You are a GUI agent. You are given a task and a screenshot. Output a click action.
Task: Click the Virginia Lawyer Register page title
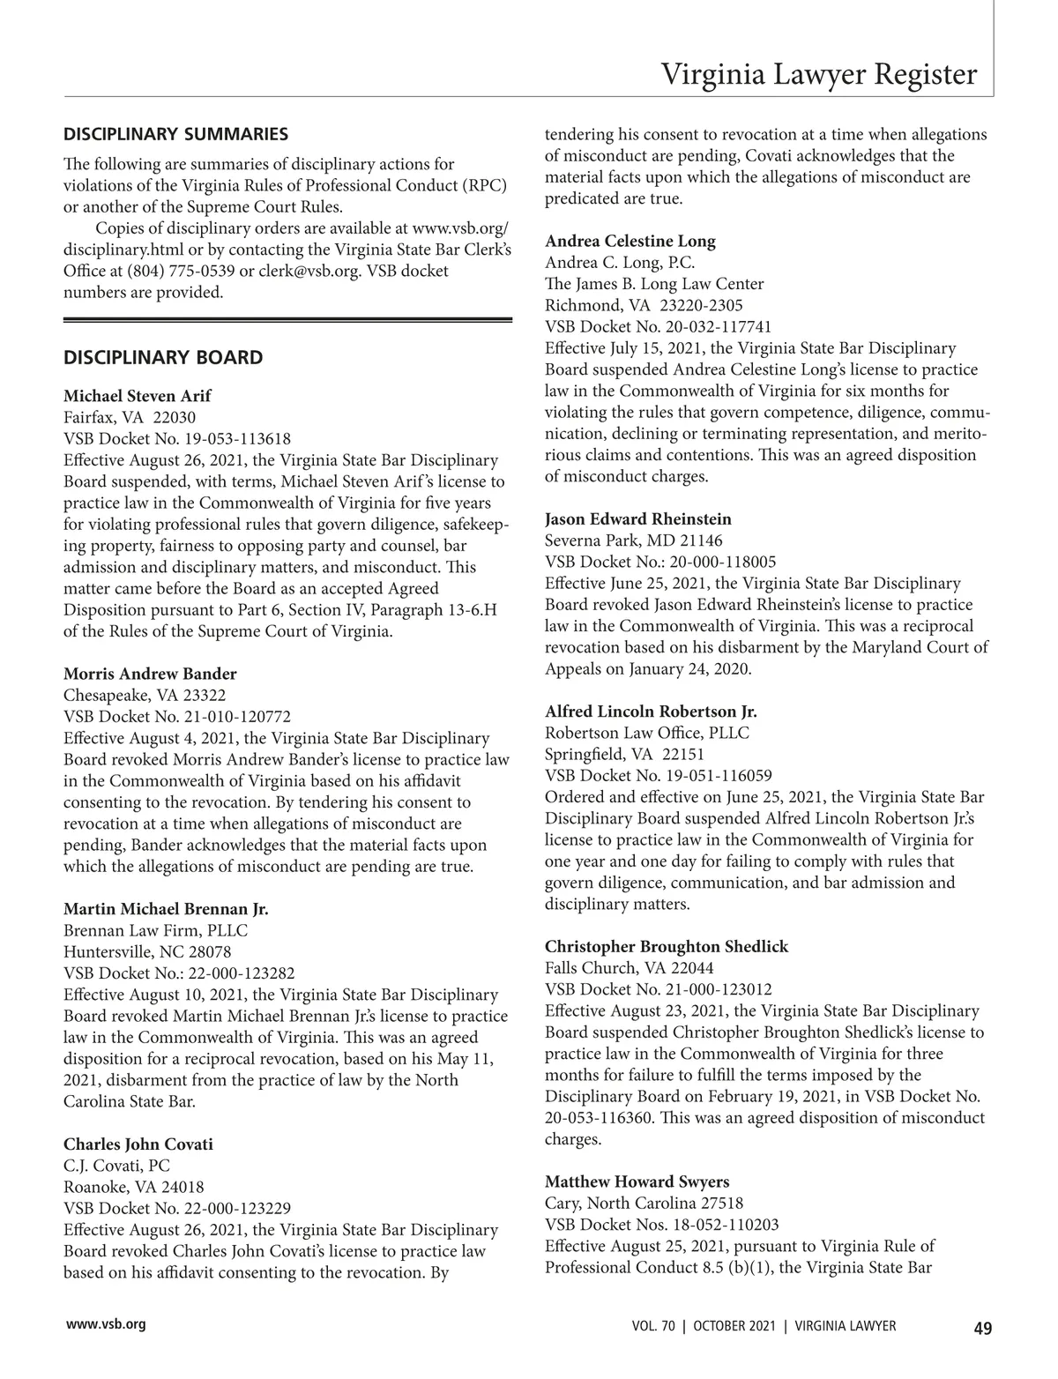(x=819, y=74)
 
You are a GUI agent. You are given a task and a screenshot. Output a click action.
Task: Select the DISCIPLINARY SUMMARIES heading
(x=175, y=135)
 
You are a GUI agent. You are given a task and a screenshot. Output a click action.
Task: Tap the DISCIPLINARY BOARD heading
(x=163, y=357)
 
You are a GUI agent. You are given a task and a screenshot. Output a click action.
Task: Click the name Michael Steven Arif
(x=138, y=396)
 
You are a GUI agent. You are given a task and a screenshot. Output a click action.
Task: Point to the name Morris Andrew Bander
(x=150, y=675)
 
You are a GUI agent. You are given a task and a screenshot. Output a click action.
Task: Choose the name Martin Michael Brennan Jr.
(x=166, y=909)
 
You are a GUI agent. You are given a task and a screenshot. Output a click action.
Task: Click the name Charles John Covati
(x=138, y=1144)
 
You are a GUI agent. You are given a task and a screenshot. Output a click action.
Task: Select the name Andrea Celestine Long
(x=630, y=242)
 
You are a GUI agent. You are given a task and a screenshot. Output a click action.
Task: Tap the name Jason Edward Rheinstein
(x=638, y=519)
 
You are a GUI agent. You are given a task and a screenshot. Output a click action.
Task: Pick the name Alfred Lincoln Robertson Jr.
(x=651, y=712)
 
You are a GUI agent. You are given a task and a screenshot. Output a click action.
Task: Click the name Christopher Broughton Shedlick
(x=667, y=947)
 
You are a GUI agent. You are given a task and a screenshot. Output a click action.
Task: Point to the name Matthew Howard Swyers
(x=637, y=1182)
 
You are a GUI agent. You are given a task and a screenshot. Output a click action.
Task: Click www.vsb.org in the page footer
(x=104, y=1325)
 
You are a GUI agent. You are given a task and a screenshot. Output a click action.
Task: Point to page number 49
(x=983, y=1327)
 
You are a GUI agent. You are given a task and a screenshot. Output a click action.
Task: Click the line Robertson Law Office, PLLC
(x=647, y=733)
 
